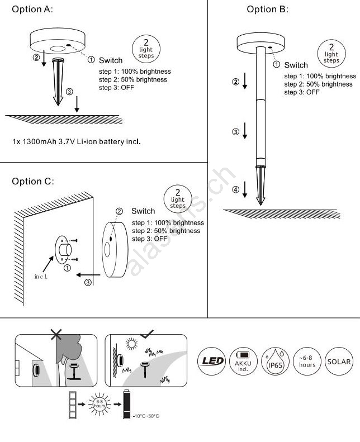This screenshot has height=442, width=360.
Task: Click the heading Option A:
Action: [33, 10]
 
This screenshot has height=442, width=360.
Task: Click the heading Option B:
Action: [268, 9]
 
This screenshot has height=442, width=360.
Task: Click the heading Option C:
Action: [33, 182]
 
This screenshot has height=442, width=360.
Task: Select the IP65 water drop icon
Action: [274, 362]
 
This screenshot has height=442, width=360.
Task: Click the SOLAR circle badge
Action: [339, 362]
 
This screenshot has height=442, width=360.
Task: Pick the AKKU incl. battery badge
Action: [243, 362]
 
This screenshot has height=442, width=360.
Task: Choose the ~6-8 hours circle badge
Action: [307, 362]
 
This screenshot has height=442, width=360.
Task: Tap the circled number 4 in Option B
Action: [235, 191]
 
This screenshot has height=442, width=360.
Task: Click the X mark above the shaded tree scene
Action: [56, 334]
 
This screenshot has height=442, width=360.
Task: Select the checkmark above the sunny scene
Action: [147, 334]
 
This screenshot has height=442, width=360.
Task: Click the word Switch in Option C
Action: [143, 211]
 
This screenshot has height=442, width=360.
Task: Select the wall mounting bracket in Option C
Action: [63, 249]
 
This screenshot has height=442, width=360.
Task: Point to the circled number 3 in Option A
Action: [69, 91]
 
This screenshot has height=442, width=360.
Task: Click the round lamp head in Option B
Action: [261, 42]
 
